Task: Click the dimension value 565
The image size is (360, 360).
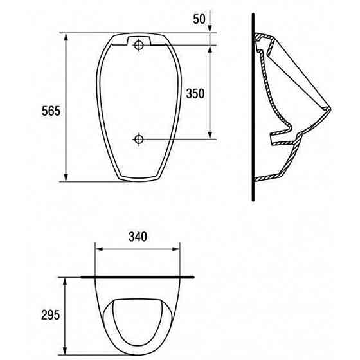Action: click(51, 111)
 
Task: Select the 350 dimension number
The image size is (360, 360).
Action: click(195, 94)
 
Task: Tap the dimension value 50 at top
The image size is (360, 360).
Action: click(199, 19)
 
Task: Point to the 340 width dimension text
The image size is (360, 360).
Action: click(138, 237)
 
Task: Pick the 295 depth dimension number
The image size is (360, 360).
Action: click(51, 315)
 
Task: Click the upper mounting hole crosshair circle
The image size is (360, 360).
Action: click(139, 45)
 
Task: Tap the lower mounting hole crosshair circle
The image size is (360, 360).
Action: click(139, 139)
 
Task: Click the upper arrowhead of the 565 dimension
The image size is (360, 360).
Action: click(66, 37)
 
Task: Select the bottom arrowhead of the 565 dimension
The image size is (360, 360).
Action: click(66, 177)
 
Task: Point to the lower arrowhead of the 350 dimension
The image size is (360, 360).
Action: click(210, 135)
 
